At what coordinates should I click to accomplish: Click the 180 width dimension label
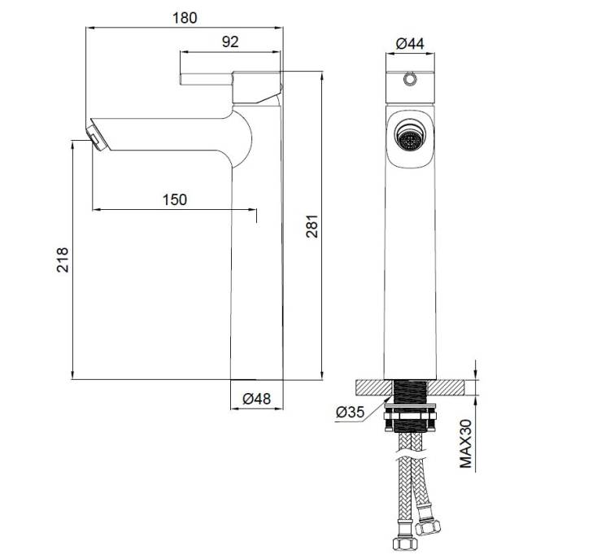(185, 18)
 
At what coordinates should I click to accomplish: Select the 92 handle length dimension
(230, 41)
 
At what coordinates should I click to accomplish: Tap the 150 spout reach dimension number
(175, 199)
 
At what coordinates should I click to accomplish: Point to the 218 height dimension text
(63, 260)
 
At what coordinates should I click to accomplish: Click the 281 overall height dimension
(312, 226)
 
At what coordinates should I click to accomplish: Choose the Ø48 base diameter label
(256, 399)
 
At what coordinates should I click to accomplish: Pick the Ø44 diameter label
(410, 43)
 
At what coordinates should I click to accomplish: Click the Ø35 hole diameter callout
(350, 412)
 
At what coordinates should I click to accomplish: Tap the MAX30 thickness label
(465, 443)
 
